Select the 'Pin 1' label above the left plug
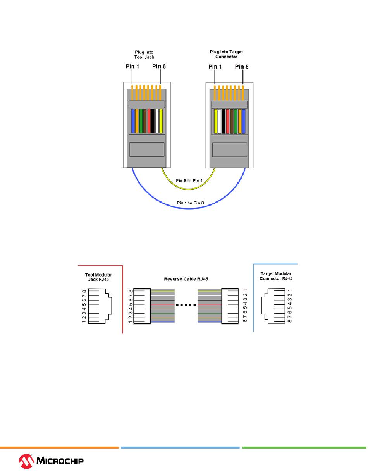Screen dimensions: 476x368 pos(132,67)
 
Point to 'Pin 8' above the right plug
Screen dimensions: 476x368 pos(242,67)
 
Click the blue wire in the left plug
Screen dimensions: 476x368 pos(133,121)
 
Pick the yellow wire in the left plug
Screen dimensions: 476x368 pos(161,121)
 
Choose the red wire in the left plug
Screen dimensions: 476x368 pos(149,121)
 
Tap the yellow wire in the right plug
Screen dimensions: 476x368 pos(215,121)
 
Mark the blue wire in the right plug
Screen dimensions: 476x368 pos(244,121)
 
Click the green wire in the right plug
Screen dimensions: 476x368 pos(236,121)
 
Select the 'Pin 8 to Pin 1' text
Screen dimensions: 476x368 pos(189,180)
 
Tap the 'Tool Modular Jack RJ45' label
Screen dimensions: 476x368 pos(98,277)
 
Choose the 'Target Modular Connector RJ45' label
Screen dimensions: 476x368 pos(276,276)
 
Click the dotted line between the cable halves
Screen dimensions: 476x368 pos(186,305)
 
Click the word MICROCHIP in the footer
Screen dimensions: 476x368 pos(60,461)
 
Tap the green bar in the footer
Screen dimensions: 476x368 pos(304,447)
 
